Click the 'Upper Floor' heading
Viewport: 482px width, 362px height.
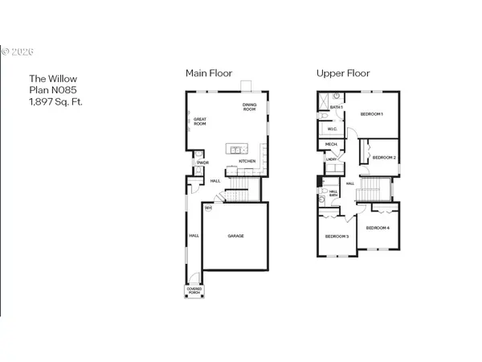coord(343,73)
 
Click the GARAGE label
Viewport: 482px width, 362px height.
coord(235,236)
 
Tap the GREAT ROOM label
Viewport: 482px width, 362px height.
coord(200,122)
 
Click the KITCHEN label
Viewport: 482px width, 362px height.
coord(247,162)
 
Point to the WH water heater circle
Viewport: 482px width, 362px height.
coord(208,208)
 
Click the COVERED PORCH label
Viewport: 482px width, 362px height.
coord(194,289)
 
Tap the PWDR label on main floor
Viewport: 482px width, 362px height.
coord(202,163)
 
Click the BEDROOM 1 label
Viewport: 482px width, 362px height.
coord(371,114)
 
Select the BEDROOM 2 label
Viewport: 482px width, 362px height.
coord(384,157)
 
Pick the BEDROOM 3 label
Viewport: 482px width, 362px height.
coord(336,236)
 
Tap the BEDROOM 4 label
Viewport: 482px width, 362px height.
coord(378,228)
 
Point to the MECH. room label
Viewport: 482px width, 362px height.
coord(330,145)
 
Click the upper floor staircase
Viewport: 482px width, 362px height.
coord(371,190)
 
